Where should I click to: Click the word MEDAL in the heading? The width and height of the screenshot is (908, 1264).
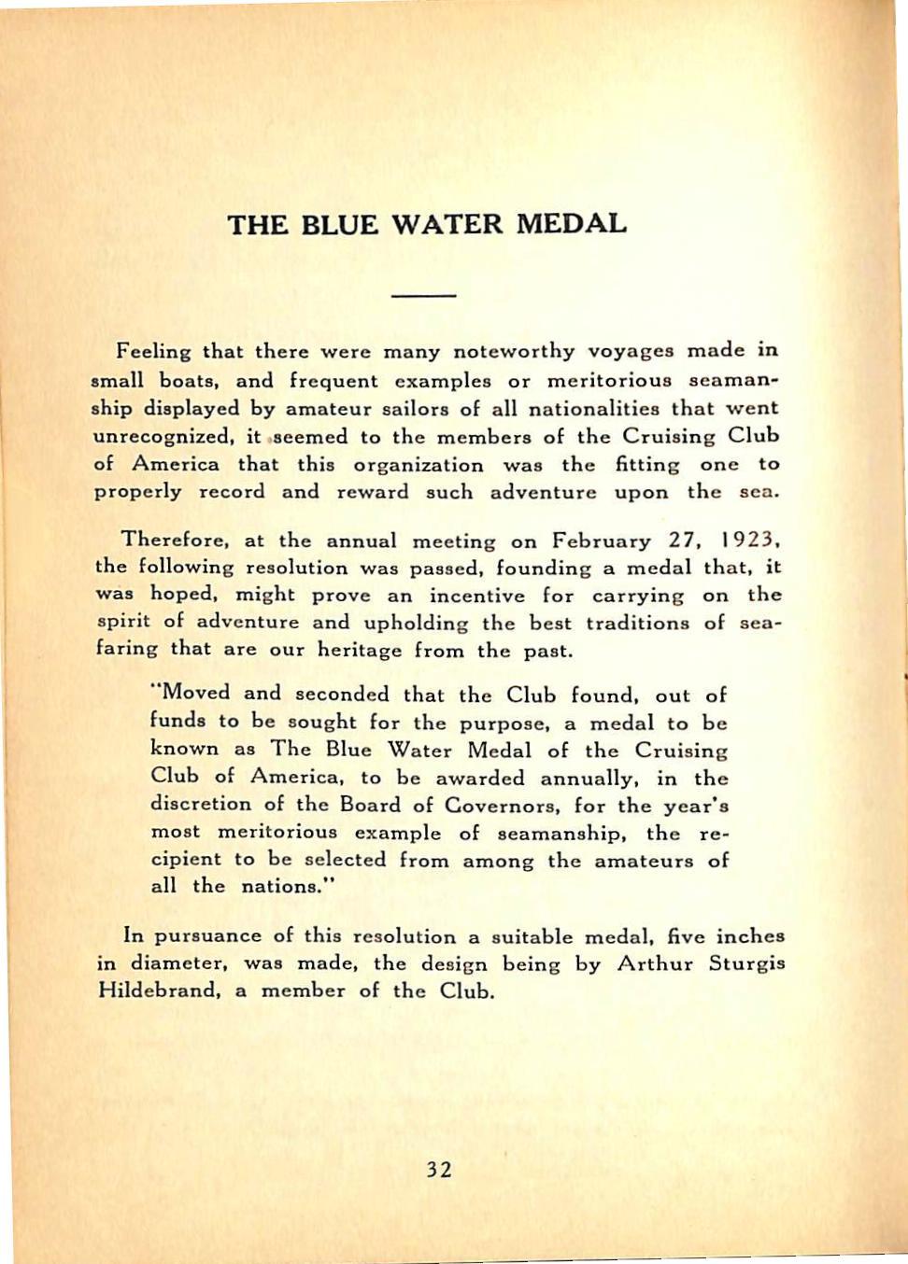point(572,225)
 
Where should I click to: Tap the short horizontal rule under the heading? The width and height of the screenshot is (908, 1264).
point(424,296)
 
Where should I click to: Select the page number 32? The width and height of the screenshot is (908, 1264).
point(439,1170)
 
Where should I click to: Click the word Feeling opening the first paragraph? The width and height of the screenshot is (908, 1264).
point(153,352)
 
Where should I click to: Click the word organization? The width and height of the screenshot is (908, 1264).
point(418,464)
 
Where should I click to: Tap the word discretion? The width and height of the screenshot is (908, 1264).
point(201,804)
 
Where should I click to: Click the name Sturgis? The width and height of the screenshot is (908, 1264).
point(746,962)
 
